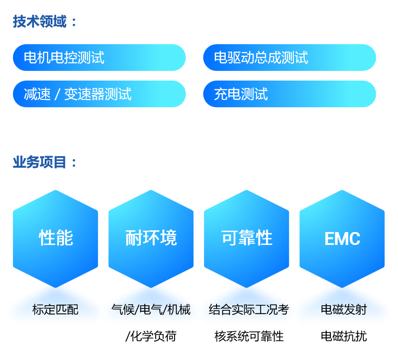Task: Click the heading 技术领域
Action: click(x=40, y=21)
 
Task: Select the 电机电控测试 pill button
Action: click(x=99, y=58)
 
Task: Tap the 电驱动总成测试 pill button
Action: click(x=289, y=58)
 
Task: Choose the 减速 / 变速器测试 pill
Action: click(x=99, y=94)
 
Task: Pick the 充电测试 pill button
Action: click(x=289, y=94)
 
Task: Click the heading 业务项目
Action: click(x=40, y=162)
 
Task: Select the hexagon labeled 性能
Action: click(x=56, y=238)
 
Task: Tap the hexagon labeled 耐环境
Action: click(x=151, y=238)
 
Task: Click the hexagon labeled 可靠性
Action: click(x=246, y=238)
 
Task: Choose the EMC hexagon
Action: click(x=342, y=238)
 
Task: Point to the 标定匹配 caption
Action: click(x=55, y=310)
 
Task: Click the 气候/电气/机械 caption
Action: click(x=151, y=309)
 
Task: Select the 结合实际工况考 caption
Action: click(x=248, y=309)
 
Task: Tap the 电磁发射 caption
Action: click(x=344, y=309)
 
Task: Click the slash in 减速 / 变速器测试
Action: click(x=57, y=94)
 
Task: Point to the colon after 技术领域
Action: click(x=74, y=22)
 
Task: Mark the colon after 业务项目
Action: click(x=74, y=163)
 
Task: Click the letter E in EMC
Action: click(x=329, y=238)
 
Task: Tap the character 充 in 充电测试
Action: click(x=220, y=94)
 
